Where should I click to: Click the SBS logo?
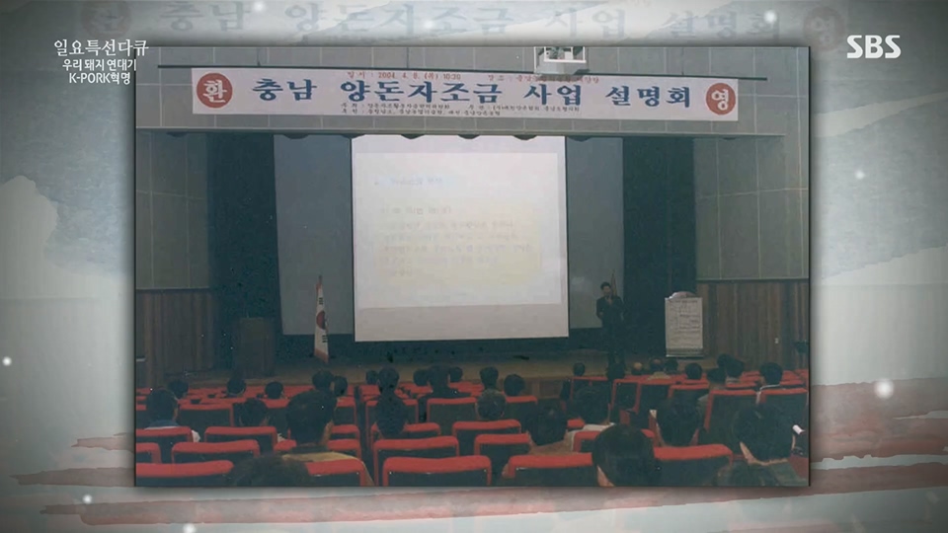[x=873, y=47]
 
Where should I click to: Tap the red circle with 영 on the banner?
[x=721, y=98]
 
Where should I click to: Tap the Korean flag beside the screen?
[x=320, y=322]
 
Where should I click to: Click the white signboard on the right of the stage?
[x=683, y=324]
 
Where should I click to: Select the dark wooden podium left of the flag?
[x=255, y=345]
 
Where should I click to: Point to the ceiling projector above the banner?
[x=560, y=58]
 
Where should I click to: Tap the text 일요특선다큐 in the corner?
[x=101, y=47]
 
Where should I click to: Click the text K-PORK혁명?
[x=101, y=78]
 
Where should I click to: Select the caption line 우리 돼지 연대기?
[x=101, y=64]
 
